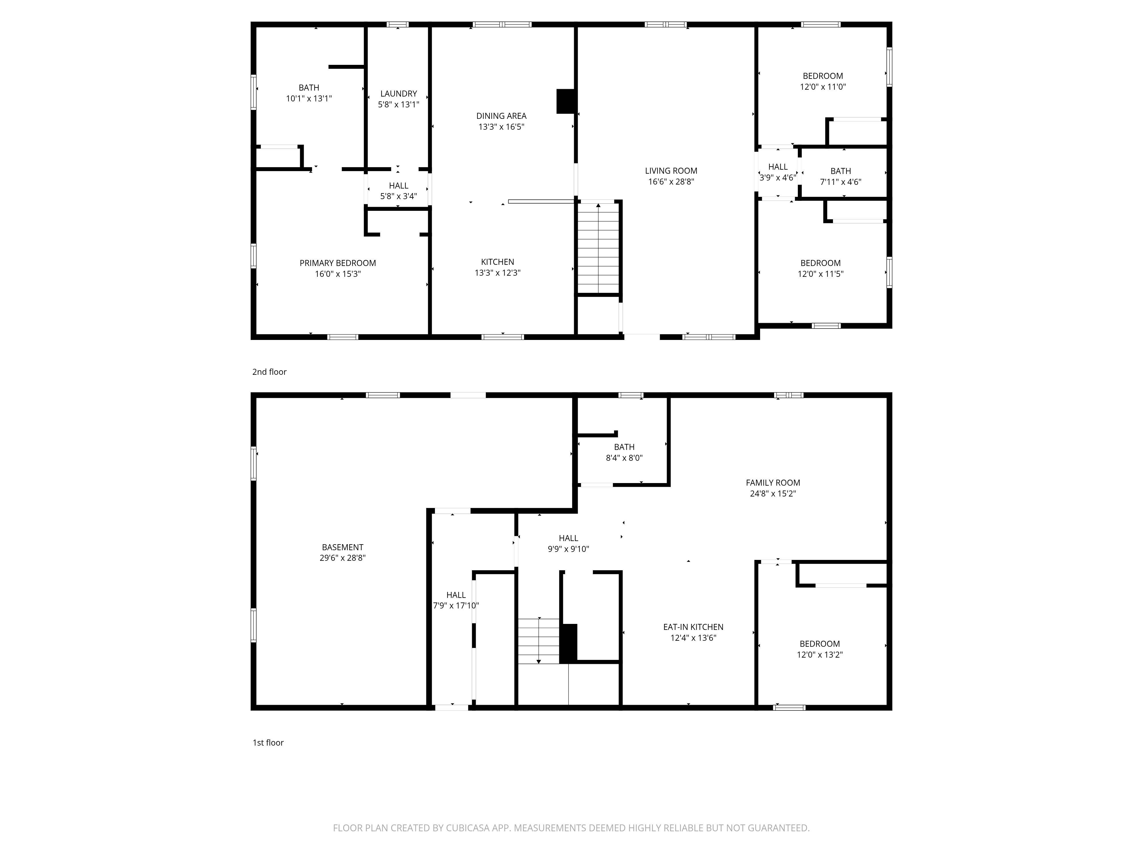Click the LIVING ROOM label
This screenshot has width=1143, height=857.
(671, 171)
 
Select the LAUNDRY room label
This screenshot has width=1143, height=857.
(398, 93)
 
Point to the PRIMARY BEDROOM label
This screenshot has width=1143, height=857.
(337, 263)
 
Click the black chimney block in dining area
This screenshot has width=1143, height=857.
(566, 101)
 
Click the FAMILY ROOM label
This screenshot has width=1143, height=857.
(772, 482)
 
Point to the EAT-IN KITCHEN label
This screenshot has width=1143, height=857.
(693, 626)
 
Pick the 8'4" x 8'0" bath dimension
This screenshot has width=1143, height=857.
(624, 458)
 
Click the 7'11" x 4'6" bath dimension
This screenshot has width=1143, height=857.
(840, 182)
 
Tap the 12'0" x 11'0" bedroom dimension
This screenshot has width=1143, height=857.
(823, 87)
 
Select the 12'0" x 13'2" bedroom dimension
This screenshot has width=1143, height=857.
(820, 654)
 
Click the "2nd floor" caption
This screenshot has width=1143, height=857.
(269, 372)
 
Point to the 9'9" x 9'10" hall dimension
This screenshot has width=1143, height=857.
(568, 549)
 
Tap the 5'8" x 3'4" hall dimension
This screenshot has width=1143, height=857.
(398, 196)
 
